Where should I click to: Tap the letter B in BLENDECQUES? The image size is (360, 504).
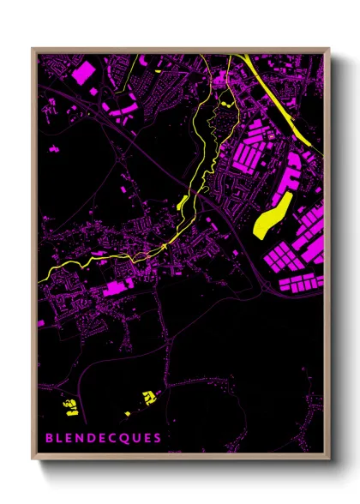[50, 438]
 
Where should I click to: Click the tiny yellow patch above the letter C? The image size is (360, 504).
[127, 414]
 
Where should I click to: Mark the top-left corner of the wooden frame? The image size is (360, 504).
[33, 50]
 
